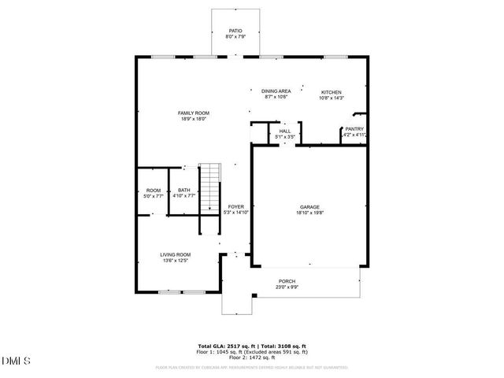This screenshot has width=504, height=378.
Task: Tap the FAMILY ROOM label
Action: tap(193, 113)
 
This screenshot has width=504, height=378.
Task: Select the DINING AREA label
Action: tap(276, 91)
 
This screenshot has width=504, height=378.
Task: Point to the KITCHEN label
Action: tap(331, 91)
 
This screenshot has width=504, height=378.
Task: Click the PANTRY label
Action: tap(354, 129)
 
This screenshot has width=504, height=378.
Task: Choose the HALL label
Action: tap(284, 132)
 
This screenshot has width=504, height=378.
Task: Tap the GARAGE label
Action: tap(309, 206)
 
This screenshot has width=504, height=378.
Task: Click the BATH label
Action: tap(183, 190)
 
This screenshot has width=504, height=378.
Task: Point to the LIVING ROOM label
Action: tap(176, 254)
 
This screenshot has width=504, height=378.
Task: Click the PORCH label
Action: tap(287, 281)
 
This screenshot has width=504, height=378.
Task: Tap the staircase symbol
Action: tap(209, 187)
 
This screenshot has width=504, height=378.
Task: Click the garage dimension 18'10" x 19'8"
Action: tap(309, 212)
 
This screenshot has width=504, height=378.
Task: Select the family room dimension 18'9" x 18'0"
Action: tap(193, 120)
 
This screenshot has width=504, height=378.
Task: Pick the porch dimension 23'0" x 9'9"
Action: tap(287, 287)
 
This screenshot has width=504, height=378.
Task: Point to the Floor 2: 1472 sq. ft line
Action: tap(252, 358)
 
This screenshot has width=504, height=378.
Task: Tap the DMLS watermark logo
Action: tap(17, 361)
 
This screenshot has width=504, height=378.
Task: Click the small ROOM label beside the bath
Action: tap(154, 190)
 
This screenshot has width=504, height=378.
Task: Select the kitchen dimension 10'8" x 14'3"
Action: tap(331, 98)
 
